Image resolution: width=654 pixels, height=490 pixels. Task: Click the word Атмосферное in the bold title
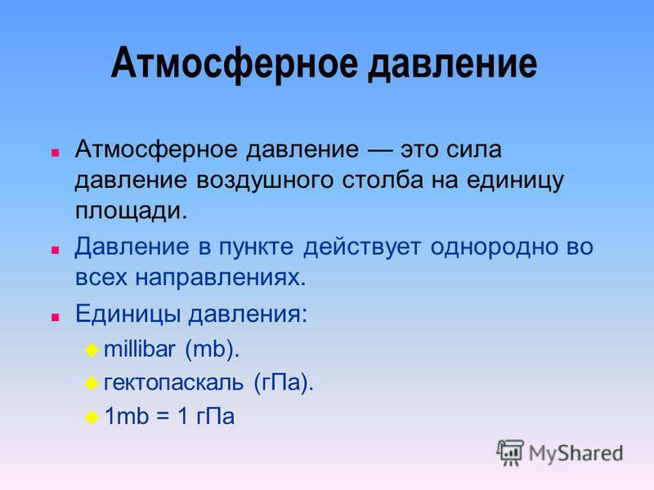[235, 65]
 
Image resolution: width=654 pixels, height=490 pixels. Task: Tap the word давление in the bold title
[453, 64]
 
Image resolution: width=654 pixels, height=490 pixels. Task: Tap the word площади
[131, 211]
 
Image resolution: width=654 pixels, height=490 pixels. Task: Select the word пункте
[256, 247]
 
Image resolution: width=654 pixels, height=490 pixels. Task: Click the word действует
[361, 247]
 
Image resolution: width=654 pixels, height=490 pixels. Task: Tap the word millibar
[139, 349]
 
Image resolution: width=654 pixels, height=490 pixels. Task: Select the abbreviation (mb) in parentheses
[212, 350]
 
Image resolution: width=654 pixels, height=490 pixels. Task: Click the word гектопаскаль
[173, 382]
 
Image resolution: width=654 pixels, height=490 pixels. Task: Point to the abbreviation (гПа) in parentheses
[283, 382]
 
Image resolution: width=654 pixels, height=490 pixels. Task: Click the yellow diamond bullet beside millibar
[92, 350]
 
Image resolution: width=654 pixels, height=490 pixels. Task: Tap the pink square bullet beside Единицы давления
[55, 318]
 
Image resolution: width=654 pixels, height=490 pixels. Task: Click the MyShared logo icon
[510, 452]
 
